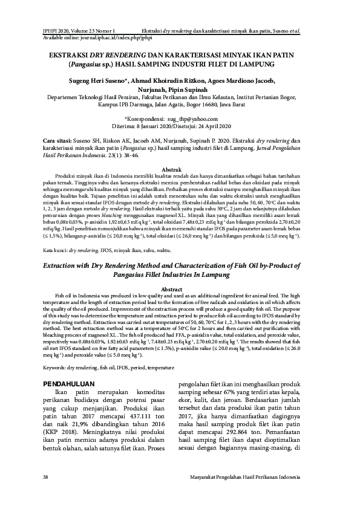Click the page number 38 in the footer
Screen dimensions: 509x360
pyautogui.click(x=45, y=478)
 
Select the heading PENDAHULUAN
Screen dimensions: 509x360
pyautogui.click(x=71, y=384)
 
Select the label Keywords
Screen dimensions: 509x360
pyautogui.click(x=58, y=367)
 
